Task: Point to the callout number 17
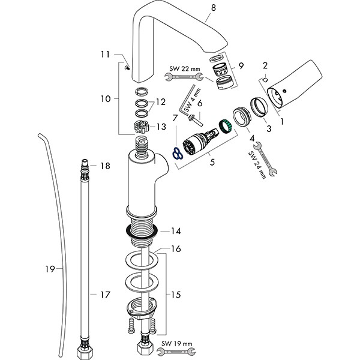click(105, 295)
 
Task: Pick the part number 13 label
click(161, 127)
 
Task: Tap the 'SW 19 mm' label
click(178, 343)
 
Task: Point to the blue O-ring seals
click(175, 154)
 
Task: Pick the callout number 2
click(266, 65)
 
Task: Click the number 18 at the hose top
click(105, 166)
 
